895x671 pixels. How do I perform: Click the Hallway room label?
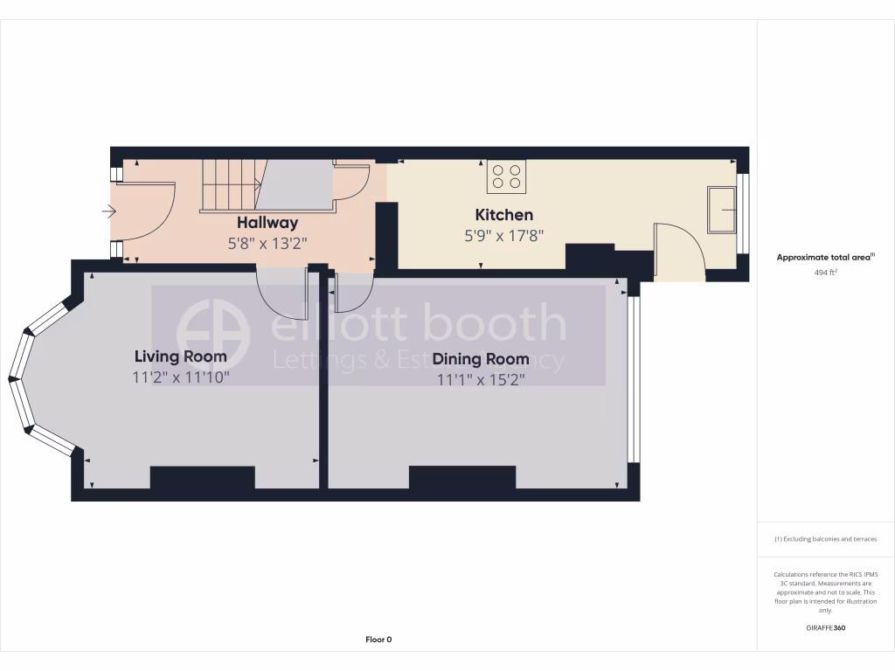point(267,223)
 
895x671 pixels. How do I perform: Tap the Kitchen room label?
point(503,215)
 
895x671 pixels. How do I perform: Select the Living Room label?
point(180,356)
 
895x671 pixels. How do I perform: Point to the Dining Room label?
point(481,358)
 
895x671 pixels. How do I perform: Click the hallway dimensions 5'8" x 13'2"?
point(267,244)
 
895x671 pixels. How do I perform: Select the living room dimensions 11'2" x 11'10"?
point(180,377)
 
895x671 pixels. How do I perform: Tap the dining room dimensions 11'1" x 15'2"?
point(481,379)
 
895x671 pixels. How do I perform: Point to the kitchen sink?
point(722,210)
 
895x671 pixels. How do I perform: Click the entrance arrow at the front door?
point(109,211)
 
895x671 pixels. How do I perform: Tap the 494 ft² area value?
point(825,273)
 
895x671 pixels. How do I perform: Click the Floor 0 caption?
point(378,640)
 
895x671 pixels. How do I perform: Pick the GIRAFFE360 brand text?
point(825,627)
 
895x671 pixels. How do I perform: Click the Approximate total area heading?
point(825,258)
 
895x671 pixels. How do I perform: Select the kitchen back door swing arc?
point(682,249)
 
